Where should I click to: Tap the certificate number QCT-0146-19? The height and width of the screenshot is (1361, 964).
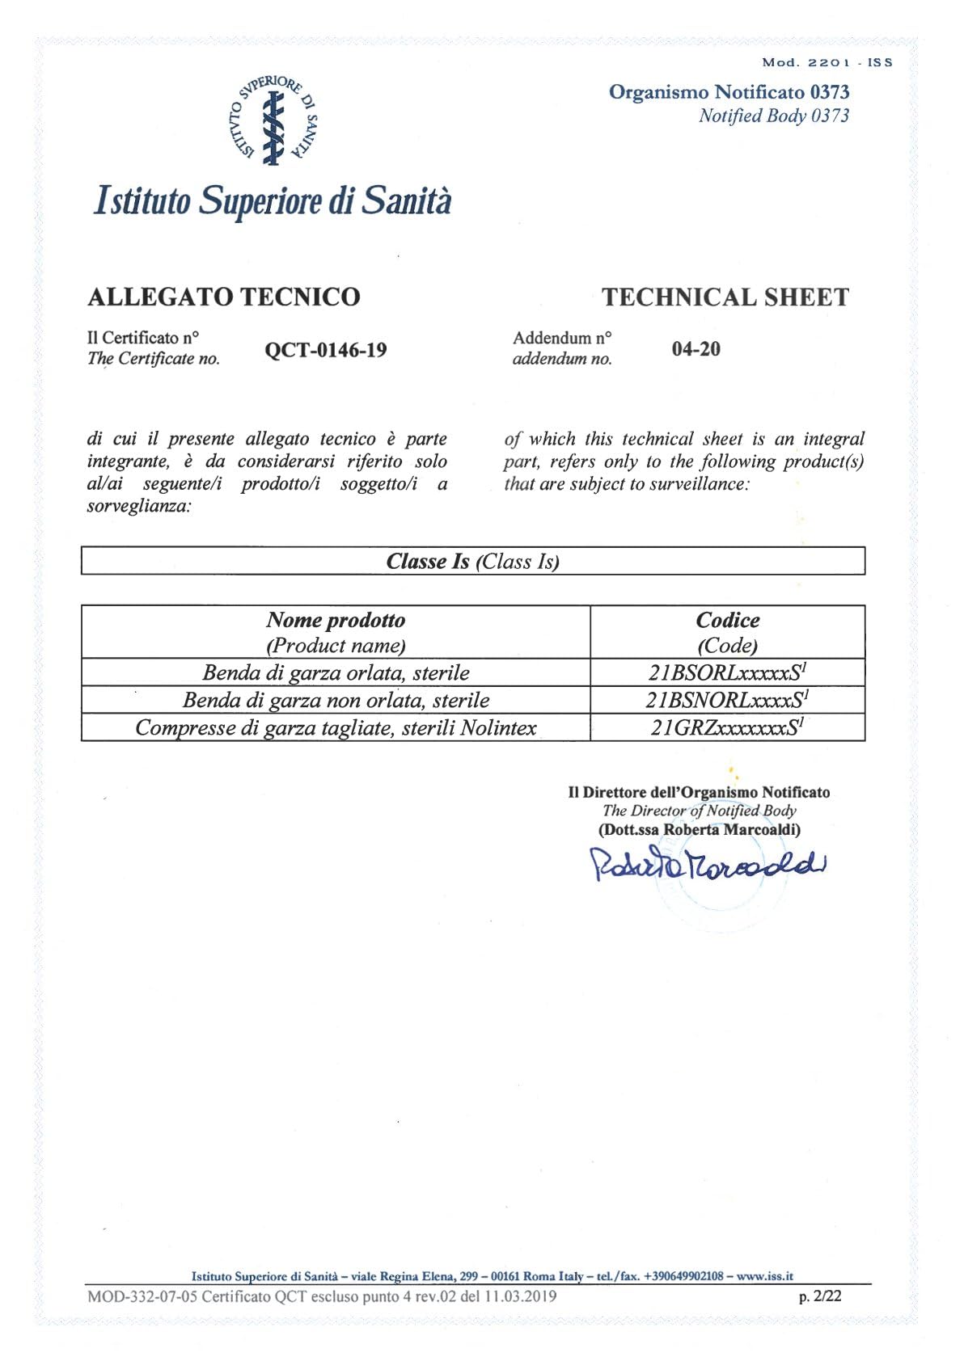(326, 350)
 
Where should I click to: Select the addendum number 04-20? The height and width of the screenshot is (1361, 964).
(696, 349)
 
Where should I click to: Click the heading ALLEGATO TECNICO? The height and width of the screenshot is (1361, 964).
(223, 297)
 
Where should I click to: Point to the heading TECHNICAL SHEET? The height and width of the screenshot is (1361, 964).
(725, 297)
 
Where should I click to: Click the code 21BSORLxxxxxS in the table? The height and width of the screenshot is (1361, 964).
(727, 672)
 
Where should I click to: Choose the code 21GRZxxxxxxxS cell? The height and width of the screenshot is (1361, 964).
(727, 727)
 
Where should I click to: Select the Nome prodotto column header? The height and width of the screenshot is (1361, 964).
(336, 621)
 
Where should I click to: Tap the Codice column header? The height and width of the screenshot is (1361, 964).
(727, 621)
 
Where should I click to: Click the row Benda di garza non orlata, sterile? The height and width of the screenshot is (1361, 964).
(336, 700)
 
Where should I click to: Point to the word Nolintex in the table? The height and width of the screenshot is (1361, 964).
(498, 728)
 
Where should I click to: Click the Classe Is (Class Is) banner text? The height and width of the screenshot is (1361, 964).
(473, 562)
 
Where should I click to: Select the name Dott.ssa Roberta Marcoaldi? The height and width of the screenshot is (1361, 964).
(700, 829)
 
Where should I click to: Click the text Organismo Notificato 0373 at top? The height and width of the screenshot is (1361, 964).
(729, 92)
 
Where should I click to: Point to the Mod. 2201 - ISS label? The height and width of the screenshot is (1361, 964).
(827, 62)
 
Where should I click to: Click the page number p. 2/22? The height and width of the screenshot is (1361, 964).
(820, 1296)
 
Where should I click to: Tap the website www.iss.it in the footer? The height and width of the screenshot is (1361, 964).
(764, 1276)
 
